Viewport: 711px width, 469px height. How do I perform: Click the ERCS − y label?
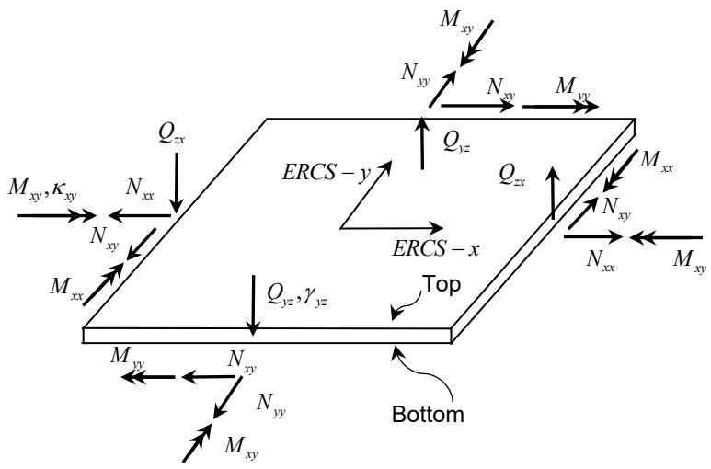coord(327,174)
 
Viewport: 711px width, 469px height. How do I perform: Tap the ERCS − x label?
coord(435,249)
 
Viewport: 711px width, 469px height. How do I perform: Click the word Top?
coord(442,285)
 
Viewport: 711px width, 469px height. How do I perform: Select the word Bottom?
coord(428,414)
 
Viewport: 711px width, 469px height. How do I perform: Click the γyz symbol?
coord(315,297)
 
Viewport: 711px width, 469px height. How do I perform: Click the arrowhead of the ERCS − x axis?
coord(435,228)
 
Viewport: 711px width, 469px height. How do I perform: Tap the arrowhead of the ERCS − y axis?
coord(384,166)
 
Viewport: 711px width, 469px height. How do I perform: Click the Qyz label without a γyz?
coord(456,143)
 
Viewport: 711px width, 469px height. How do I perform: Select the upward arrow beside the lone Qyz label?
coord(422,143)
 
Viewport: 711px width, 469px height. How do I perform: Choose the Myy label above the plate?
coord(573,87)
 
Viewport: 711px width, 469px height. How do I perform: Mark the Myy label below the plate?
coord(128,357)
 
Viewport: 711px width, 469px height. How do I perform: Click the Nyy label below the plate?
coord(270,405)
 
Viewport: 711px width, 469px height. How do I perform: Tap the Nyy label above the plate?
coord(415,74)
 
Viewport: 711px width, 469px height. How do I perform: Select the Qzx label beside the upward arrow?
coord(512,176)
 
